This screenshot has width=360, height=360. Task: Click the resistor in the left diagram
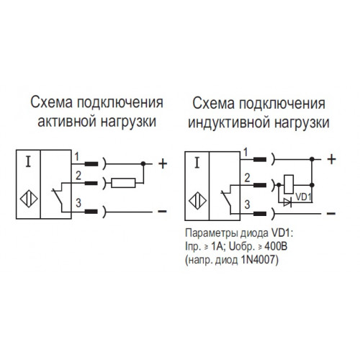click(124, 183)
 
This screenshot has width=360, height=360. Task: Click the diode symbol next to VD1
click(287, 202)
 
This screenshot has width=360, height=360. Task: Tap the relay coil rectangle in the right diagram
click(289, 184)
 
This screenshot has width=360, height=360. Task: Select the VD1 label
click(303, 197)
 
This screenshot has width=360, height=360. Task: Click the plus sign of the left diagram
click(163, 164)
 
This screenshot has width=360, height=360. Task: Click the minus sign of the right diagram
click(331, 213)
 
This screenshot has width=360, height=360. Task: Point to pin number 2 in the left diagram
click(78, 176)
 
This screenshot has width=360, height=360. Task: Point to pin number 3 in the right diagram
click(247, 204)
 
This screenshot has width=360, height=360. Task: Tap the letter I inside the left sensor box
click(29, 161)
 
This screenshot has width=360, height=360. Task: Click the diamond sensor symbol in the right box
click(197, 201)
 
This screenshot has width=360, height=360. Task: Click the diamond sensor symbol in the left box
click(29, 199)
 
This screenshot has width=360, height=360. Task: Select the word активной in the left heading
click(66, 121)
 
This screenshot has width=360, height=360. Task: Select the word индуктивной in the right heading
click(229, 122)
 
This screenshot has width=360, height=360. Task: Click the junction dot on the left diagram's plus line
click(143, 164)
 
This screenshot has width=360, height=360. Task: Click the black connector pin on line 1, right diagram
click(260, 159)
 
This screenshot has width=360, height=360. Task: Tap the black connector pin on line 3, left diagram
click(91, 212)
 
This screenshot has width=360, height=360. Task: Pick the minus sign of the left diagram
click(162, 211)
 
